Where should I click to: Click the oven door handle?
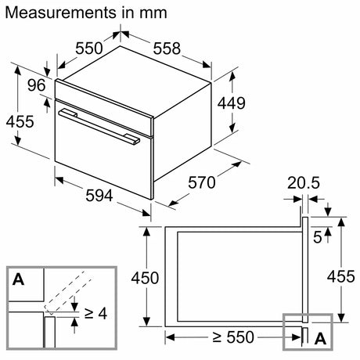click(x=99, y=126)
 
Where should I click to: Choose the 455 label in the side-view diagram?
click(x=344, y=277)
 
